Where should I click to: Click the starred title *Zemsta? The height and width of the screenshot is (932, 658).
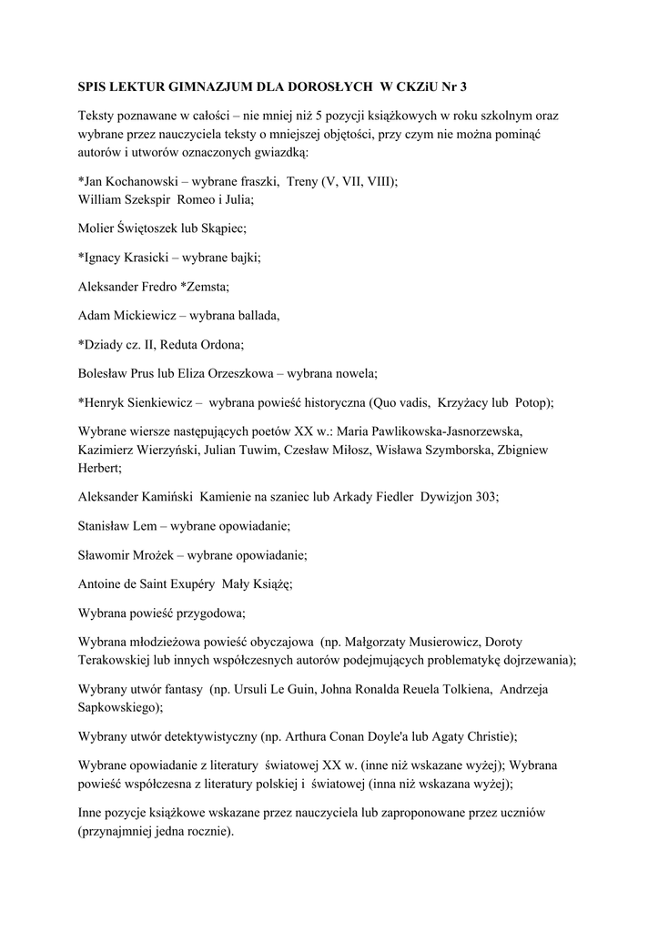click(x=205, y=287)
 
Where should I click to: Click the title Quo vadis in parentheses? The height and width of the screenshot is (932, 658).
click(x=401, y=403)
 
